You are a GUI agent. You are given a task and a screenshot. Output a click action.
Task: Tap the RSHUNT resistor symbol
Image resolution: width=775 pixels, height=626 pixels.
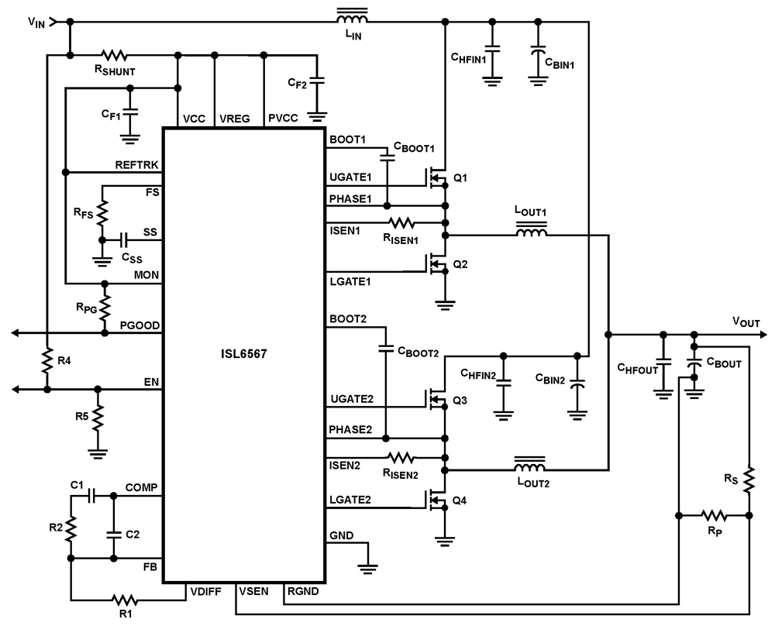pyautogui.click(x=115, y=55)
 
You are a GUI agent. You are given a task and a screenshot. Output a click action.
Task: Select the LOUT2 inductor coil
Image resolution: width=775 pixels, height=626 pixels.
pyautogui.click(x=530, y=468)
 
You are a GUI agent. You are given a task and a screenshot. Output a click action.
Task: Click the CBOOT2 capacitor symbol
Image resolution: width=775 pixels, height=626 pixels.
pyautogui.click(x=384, y=349)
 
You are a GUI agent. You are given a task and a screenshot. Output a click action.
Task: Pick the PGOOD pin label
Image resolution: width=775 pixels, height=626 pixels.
pyautogui.click(x=140, y=327)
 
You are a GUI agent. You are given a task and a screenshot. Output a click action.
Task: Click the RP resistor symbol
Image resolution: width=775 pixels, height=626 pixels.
pyautogui.click(x=713, y=515)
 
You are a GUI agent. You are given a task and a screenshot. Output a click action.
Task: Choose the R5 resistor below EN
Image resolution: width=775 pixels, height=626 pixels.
pyautogui.click(x=98, y=418)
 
